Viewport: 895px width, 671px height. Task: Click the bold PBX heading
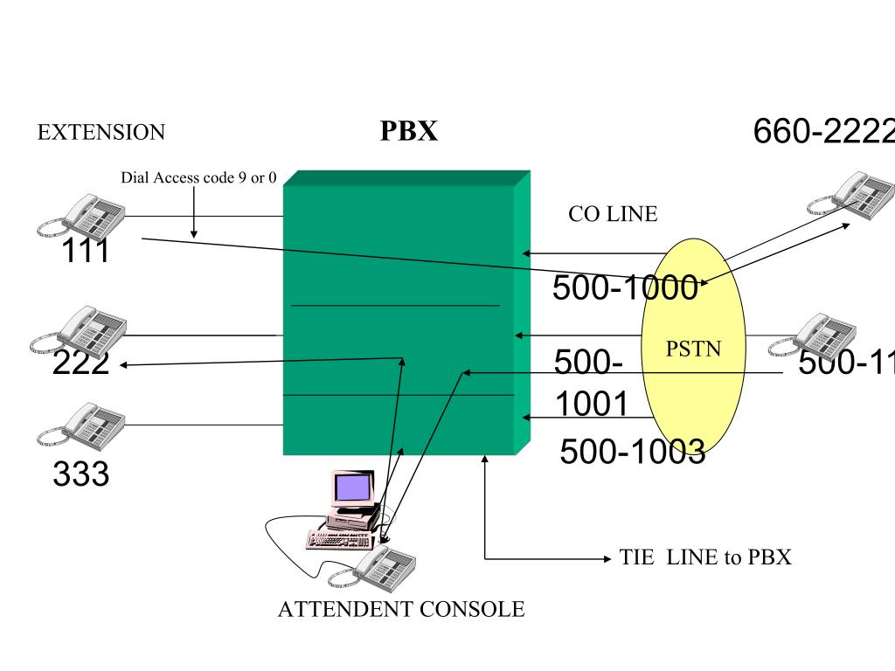[x=408, y=131]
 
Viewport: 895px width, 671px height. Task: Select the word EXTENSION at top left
[x=101, y=133]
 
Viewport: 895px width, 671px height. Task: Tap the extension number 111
[x=85, y=252]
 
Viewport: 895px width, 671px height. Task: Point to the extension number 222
[x=80, y=363]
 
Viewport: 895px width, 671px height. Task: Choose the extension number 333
[x=80, y=474]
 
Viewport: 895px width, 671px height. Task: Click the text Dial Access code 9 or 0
[x=198, y=178]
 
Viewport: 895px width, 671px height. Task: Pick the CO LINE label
[x=612, y=214]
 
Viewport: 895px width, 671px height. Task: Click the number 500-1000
[x=624, y=287]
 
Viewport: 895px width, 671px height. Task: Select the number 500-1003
[x=631, y=452]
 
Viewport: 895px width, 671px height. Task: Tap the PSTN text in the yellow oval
[x=693, y=349]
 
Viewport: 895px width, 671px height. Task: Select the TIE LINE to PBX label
[x=705, y=557]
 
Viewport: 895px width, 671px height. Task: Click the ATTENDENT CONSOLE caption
[x=400, y=610]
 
